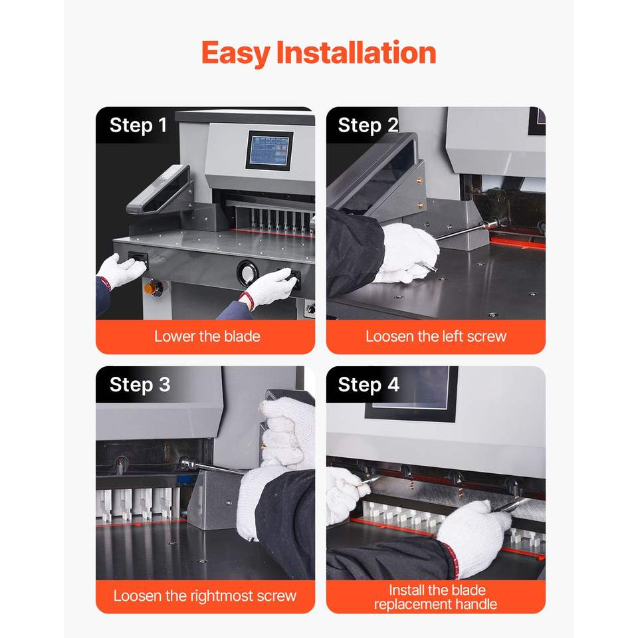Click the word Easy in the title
(235, 53)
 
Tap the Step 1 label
(138, 126)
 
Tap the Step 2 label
(368, 126)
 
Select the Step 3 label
(140, 385)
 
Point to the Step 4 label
(369, 385)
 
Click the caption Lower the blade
(207, 336)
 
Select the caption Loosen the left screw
(436, 336)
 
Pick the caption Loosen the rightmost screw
(205, 595)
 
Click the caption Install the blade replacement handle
(436, 597)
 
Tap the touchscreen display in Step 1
(269, 151)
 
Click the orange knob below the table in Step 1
(151, 288)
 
